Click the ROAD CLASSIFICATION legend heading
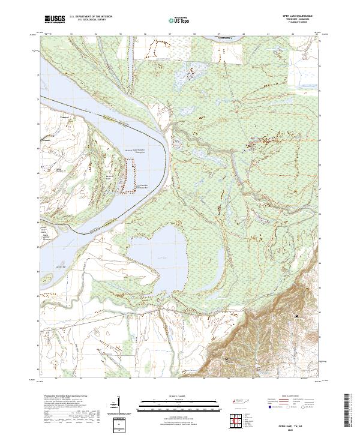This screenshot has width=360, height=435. click(290, 397)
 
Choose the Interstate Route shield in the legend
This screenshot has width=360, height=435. click(269, 407)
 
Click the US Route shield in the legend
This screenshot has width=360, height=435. click(289, 407)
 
